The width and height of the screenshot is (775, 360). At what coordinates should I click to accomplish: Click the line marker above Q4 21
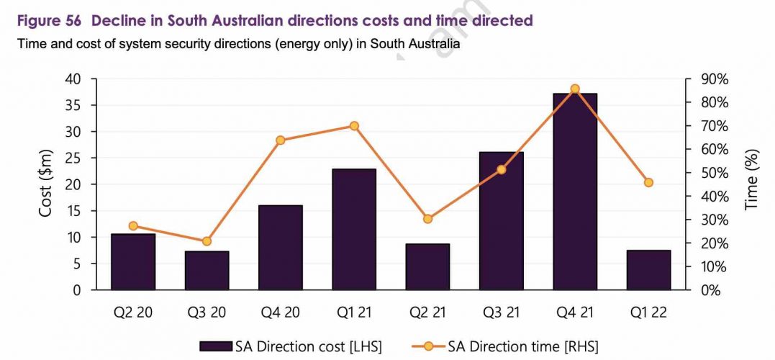pyautogui.click(x=575, y=89)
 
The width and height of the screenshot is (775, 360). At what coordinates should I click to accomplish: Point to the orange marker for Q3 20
pyautogui.click(x=207, y=241)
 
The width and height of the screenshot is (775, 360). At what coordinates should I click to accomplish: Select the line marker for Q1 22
pyautogui.click(x=648, y=182)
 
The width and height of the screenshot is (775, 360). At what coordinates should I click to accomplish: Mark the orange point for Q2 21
pyautogui.click(x=427, y=218)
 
